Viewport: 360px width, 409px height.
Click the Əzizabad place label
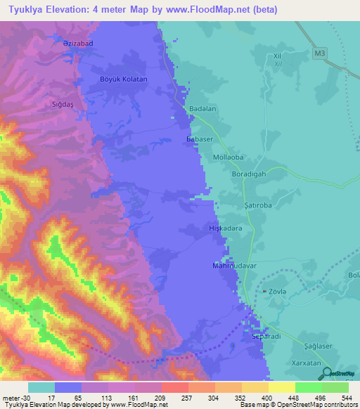coord(75,44)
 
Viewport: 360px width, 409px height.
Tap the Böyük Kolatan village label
coord(124,79)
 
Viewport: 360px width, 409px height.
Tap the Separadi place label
coord(266,337)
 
